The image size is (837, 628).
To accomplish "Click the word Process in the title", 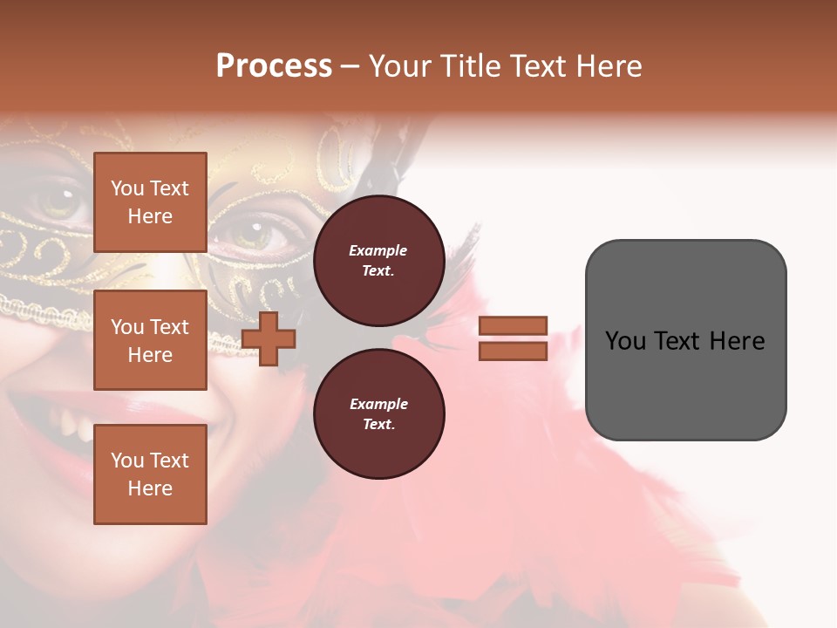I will [274, 66].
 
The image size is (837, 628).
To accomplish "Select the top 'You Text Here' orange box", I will [150, 202].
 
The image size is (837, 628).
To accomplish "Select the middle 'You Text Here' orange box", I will [150, 340].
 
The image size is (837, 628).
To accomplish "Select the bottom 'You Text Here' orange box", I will [150, 474].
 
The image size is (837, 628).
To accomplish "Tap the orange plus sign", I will [269, 339].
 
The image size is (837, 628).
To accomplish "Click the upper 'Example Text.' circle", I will [378, 261].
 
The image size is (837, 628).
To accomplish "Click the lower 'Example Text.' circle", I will [378, 414].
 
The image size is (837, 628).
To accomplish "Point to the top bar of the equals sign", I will [513, 326].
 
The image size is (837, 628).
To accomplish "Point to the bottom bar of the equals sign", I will [513, 351].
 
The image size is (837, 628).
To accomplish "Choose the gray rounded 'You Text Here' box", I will [685, 340].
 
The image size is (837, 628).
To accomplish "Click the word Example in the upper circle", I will [378, 250].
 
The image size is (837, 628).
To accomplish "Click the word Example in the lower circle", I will [378, 404].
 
